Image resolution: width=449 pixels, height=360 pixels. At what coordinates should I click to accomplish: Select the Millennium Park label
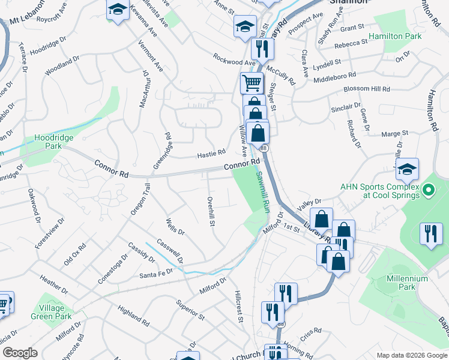point(407,283)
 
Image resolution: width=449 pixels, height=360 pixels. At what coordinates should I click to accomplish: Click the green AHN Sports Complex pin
point(428,191)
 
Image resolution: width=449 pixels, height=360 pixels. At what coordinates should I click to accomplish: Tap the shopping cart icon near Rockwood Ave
point(252,82)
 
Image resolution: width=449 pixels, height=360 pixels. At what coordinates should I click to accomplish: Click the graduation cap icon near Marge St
point(407,170)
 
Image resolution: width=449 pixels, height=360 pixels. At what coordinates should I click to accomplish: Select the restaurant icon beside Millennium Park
point(431,233)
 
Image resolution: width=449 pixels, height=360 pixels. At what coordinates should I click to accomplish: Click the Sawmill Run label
point(262,190)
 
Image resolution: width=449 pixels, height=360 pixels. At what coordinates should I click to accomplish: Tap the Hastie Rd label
point(211,154)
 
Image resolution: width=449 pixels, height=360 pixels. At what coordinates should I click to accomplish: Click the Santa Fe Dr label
point(155,273)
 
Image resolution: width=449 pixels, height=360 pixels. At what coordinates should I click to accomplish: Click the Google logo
point(20,353)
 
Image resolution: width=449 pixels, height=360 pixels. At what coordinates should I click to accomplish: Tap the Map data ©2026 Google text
point(412,355)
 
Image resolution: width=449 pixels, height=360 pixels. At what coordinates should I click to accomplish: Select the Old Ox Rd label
point(75,254)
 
